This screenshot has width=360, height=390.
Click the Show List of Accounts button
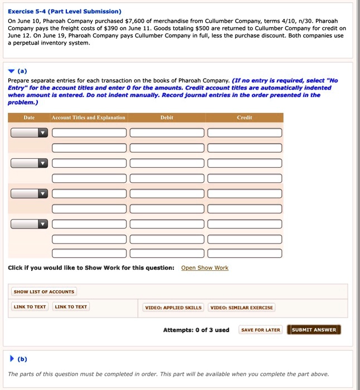click(x=44, y=291)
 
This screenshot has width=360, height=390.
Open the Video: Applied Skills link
click(x=173, y=308)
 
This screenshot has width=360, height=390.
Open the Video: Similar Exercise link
click(x=241, y=308)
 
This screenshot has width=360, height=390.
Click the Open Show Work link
click(x=205, y=268)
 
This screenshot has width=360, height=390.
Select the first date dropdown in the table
click(x=29, y=133)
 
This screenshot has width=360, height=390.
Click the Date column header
click(x=29, y=118)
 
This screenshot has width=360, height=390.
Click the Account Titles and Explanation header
click(x=88, y=118)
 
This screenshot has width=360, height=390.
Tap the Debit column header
click(x=167, y=118)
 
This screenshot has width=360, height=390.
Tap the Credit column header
click(x=244, y=118)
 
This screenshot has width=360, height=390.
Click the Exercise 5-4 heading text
click(x=65, y=11)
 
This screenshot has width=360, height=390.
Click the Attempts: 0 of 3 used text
click(x=196, y=330)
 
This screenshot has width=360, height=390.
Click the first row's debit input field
click(x=167, y=133)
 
